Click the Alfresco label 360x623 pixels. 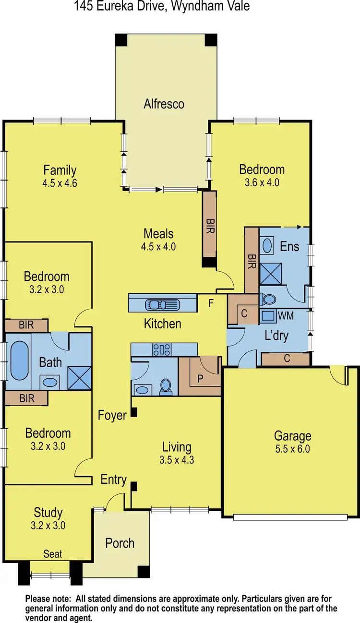pyautogui.click(x=164, y=104)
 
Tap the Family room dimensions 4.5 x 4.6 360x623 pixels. pyautogui.click(x=60, y=182)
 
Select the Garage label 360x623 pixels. pyautogui.click(x=292, y=436)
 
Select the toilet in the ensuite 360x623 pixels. pyautogui.click(x=268, y=300)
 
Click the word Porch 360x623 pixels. pyautogui.click(x=120, y=543)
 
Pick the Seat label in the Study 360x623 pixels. pyautogui.click(x=53, y=554)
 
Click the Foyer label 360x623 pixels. pyautogui.click(x=112, y=415)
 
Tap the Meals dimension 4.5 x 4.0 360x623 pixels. pyautogui.click(x=158, y=247)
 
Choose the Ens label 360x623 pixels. pyautogui.click(x=289, y=247)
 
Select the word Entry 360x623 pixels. pyautogui.click(x=114, y=479)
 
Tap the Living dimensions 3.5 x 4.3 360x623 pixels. pyautogui.click(x=177, y=459)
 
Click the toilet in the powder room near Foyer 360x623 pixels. pyautogui.click(x=166, y=385)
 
